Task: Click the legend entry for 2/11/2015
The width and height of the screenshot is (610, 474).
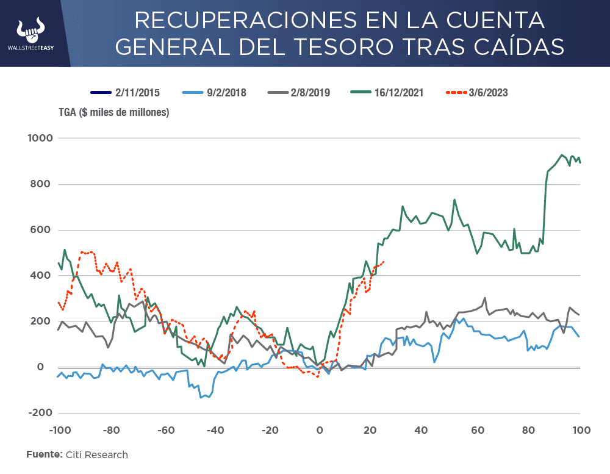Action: (125, 93)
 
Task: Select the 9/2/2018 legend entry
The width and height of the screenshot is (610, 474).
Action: (214, 93)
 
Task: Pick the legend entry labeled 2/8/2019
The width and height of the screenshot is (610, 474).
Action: (299, 93)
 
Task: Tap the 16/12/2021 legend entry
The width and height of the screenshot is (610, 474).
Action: (387, 93)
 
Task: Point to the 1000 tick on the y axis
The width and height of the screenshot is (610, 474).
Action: (40, 138)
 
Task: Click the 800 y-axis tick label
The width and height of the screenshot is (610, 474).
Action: (43, 184)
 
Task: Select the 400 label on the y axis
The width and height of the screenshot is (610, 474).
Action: (43, 276)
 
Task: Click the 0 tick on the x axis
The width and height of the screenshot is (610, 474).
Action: (319, 430)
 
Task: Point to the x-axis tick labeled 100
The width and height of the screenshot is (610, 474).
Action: (579, 430)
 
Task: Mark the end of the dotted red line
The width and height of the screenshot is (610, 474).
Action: (383, 262)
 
